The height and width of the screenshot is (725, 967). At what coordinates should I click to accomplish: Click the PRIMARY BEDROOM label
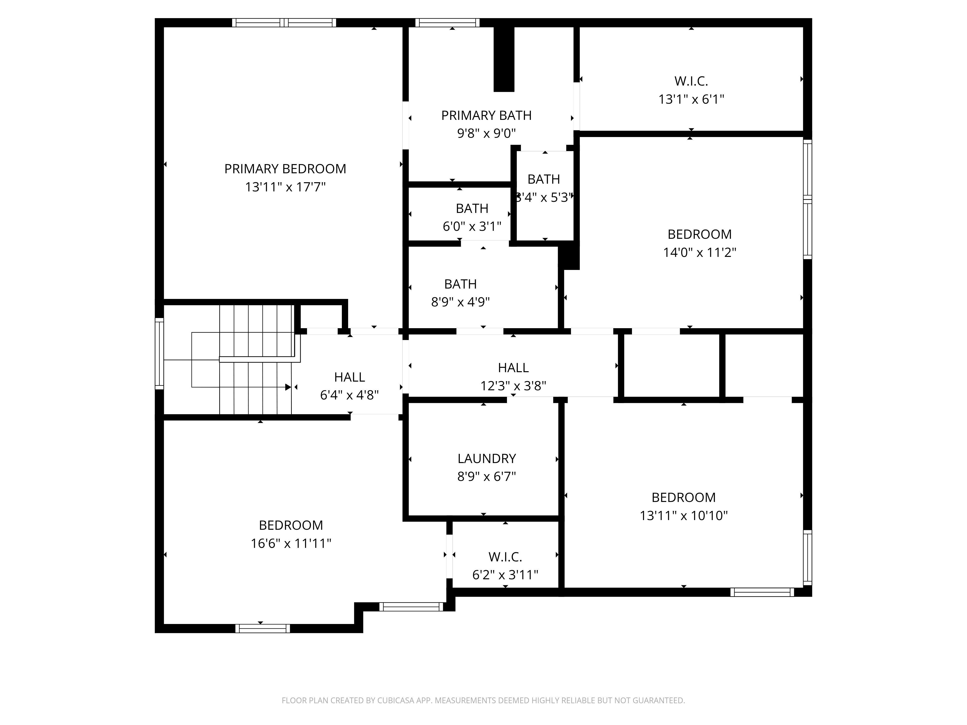tap(285, 169)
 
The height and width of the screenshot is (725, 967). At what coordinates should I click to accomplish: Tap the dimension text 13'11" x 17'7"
tap(285, 187)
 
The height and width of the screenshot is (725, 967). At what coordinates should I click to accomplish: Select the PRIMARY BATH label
tap(486, 115)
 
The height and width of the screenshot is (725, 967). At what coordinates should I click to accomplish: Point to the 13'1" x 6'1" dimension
tap(691, 99)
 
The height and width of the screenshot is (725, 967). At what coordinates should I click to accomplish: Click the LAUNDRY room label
tap(487, 458)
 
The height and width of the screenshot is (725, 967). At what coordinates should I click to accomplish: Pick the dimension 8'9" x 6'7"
tap(487, 476)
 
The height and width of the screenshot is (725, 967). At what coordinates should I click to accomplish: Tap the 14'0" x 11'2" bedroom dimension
tap(699, 253)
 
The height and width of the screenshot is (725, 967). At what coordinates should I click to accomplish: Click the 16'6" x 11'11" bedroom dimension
tap(291, 543)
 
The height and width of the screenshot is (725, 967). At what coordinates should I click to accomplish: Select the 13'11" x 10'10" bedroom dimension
tap(684, 516)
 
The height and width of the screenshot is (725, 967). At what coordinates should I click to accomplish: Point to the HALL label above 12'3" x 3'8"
tap(513, 368)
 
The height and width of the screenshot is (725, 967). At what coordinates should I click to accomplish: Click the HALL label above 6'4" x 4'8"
tap(349, 377)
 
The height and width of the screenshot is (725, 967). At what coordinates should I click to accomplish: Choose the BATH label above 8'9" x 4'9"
tap(460, 284)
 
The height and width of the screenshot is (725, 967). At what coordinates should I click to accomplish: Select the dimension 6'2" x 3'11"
tap(505, 575)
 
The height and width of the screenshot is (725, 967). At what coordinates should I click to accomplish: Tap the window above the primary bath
tap(447, 23)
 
